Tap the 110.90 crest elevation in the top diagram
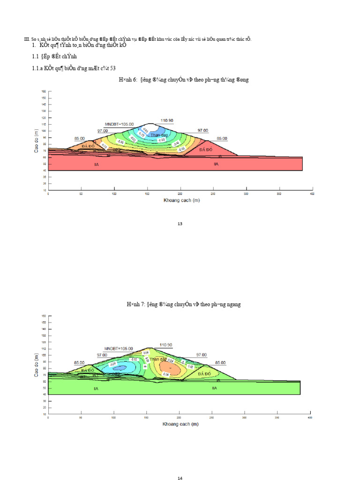pyautogui.click(x=167, y=120)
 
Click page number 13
pyautogui.click(x=180, y=224)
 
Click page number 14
pyautogui.click(x=180, y=478)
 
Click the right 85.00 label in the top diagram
pyautogui.click(x=221, y=139)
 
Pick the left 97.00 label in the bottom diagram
pyautogui.click(x=102, y=355)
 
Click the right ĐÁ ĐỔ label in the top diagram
pyautogui.click(x=206, y=150)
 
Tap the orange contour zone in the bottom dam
pyautogui.click(x=172, y=368)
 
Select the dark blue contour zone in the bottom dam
pyautogui.click(x=120, y=368)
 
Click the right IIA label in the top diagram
pyautogui.click(x=216, y=164)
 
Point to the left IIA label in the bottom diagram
pyautogui.click(x=96, y=389)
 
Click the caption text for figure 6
pyautogui.click(x=184, y=80)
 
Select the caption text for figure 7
pyautogui.click(x=183, y=305)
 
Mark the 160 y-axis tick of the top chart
pyautogui.click(x=44, y=91)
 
